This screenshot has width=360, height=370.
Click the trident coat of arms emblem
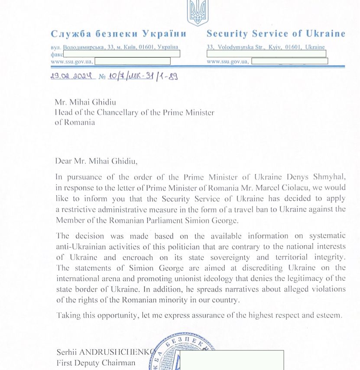tap(198, 13)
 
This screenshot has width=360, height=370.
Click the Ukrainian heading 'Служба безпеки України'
tap(118, 34)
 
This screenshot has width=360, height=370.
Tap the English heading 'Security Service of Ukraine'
tap(276, 34)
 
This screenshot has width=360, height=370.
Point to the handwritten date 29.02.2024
tap(72, 77)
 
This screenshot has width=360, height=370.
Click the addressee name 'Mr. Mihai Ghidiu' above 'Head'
tap(85, 103)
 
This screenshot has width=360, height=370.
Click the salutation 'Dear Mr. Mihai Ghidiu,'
tap(96, 161)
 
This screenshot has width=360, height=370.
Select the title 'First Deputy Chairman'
tap(96, 363)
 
